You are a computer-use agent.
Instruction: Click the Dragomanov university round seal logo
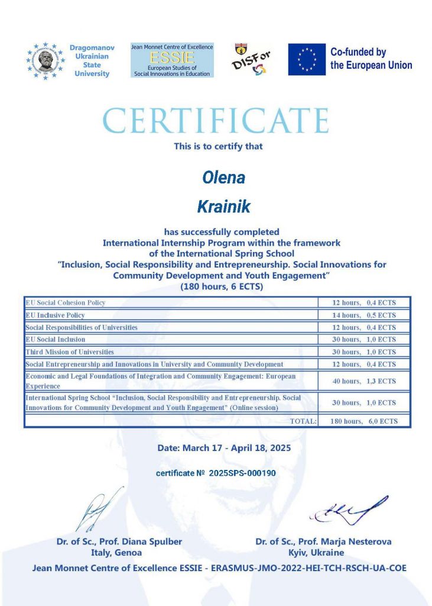point(45,60)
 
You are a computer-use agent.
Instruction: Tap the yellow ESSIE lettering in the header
point(171,57)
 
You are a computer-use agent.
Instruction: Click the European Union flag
point(307,59)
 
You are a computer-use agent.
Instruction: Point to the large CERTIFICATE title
point(216,121)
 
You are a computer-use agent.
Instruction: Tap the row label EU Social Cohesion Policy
point(66,302)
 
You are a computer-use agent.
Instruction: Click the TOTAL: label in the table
point(303,421)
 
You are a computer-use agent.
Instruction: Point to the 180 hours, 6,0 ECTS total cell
point(365,421)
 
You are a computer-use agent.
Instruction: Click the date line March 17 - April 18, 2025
point(224,448)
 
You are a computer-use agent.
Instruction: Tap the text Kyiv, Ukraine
point(323,553)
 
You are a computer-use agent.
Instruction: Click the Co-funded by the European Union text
point(371,59)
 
